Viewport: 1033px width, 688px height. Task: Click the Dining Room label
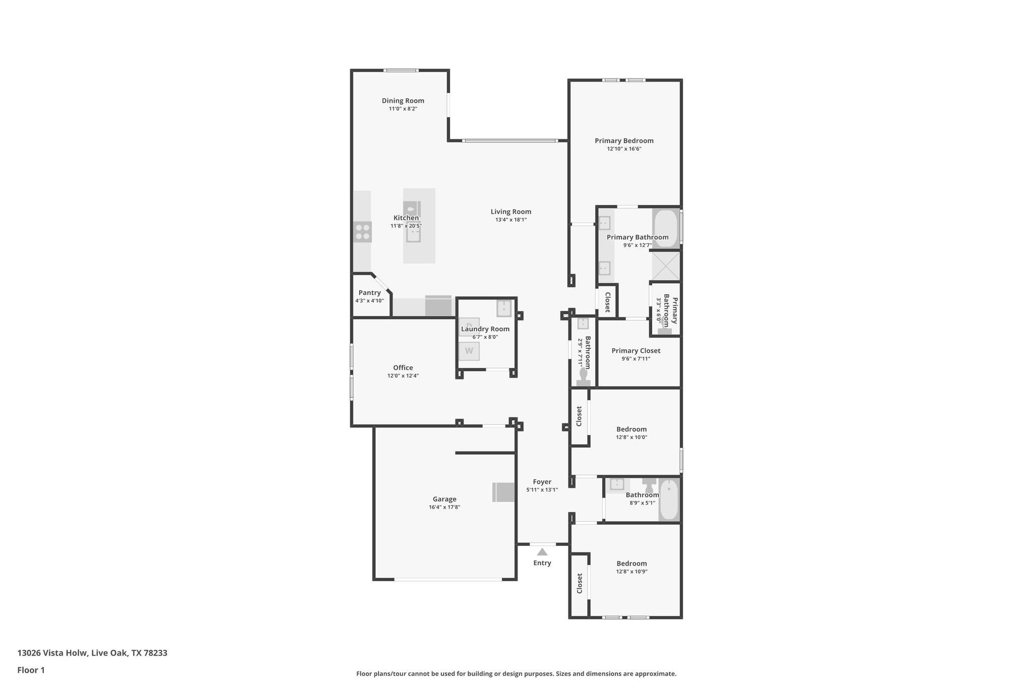pos(403,101)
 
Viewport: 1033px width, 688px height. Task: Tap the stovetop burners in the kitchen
pos(362,232)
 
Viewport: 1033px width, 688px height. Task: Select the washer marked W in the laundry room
pos(469,351)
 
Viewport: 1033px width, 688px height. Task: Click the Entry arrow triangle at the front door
pos(542,552)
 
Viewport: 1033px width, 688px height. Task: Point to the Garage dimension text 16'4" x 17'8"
pos(444,507)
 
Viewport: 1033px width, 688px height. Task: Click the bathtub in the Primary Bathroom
pos(666,228)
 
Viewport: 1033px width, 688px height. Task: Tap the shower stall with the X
pos(666,266)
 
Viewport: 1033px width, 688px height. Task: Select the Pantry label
pos(369,293)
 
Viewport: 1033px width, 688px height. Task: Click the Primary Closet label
pos(636,351)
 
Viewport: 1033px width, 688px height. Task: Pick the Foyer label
pos(542,482)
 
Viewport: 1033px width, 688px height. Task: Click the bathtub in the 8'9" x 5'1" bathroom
pos(669,499)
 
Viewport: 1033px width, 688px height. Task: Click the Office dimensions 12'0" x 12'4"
pos(403,376)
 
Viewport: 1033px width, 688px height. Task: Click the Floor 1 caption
pos(31,670)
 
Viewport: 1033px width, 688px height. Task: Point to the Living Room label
pos(510,212)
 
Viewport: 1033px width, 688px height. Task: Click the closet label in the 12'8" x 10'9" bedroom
pos(580,583)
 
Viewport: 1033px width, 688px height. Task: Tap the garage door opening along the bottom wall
pos(448,580)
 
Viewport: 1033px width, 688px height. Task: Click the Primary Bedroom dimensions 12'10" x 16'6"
pos(624,149)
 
